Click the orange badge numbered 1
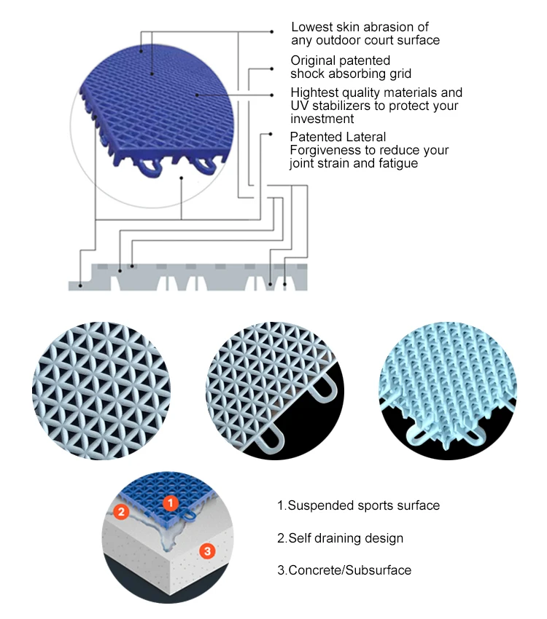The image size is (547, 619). click(169, 502)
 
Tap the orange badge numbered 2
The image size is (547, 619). click(123, 513)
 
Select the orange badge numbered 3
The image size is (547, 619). click(207, 551)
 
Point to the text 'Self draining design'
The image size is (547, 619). click(340, 538)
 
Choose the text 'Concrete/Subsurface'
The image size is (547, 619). click(344, 570)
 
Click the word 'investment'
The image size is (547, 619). click(322, 118)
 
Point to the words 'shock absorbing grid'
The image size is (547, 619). click(351, 73)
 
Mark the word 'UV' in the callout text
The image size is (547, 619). click(300, 106)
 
